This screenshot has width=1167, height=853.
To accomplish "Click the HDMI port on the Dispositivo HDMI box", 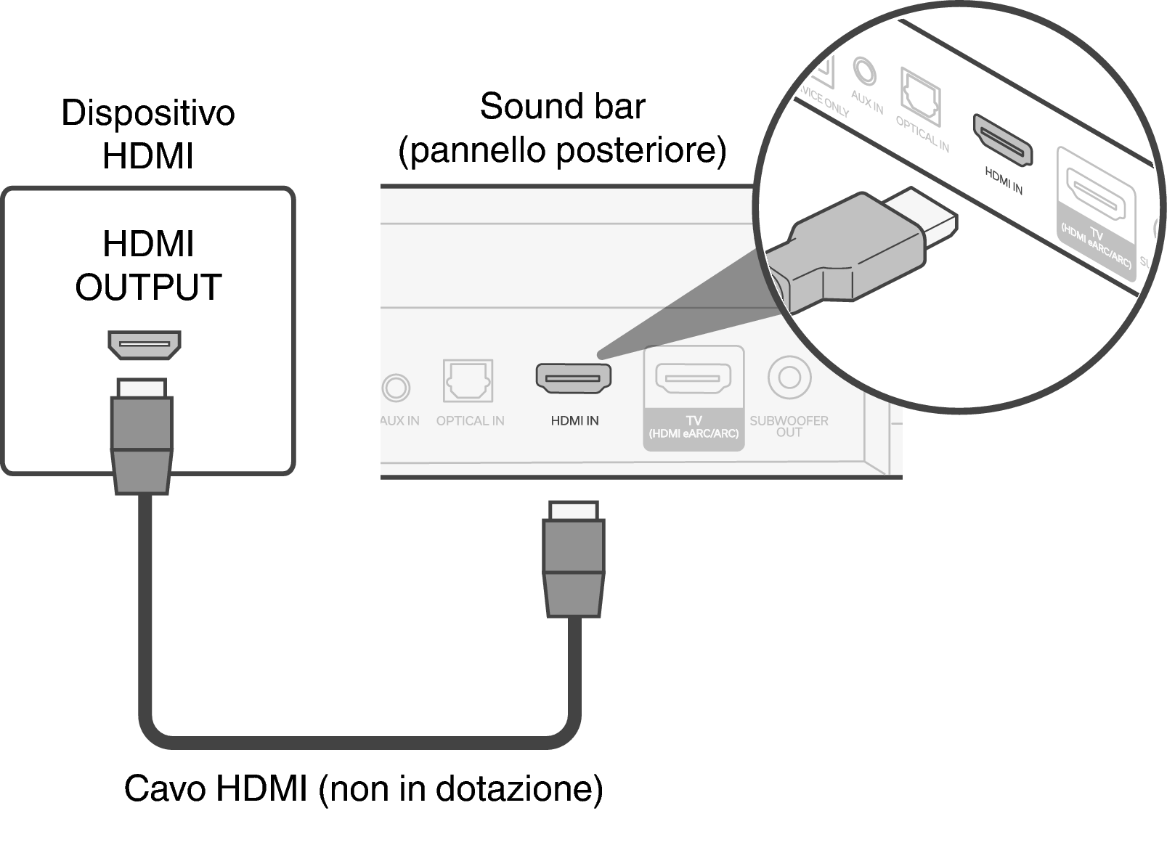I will click(145, 345).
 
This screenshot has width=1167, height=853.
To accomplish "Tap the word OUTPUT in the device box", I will click(148, 287).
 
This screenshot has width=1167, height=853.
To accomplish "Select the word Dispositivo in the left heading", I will click(148, 113).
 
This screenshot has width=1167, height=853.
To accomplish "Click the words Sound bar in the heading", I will click(562, 107).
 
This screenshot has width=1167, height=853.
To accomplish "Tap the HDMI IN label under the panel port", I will click(574, 421).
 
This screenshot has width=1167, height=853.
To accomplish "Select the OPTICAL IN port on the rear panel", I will click(468, 380).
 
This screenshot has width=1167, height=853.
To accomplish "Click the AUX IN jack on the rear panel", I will click(397, 388).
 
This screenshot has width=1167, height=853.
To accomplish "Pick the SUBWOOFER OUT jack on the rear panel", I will click(789, 377).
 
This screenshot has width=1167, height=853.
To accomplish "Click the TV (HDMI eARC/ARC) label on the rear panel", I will click(694, 428).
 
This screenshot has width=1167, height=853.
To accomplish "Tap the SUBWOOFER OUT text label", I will click(789, 426).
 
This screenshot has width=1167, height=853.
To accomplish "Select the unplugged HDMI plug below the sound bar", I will click(574, 559).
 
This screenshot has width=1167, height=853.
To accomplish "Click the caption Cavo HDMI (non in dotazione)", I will click(363, 788).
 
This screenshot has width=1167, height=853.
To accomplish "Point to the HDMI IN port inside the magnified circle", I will click(1003, 139).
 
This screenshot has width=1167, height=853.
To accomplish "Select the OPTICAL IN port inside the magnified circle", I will click(921, 96).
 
